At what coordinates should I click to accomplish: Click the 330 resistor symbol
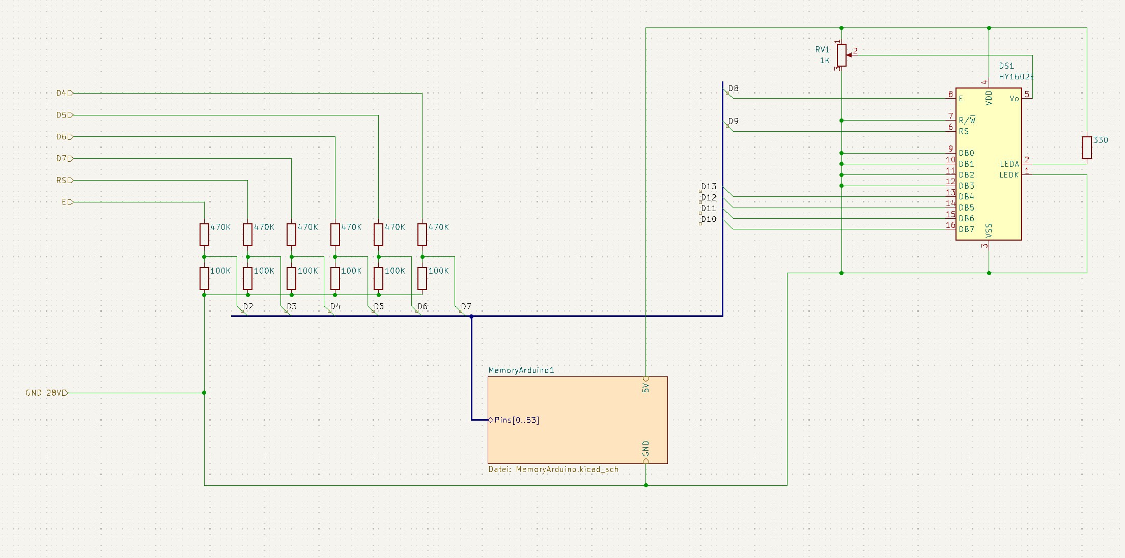(x=1087, y=148)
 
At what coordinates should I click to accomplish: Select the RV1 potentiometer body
(x=841, y=55)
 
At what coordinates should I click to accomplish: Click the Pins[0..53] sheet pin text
(x=516, y=420)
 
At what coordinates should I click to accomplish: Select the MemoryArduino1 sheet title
(x=521, y=370)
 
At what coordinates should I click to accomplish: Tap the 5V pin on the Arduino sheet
(x=645, y=387)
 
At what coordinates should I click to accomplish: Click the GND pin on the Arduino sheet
(x=645, y=449)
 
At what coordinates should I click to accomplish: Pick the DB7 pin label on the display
(x=966, y=229)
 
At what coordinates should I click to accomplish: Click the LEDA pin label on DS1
(x=1009, y=164)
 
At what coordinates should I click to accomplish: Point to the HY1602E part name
(x=1016, y=77)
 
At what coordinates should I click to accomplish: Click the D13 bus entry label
(x=708, y=187)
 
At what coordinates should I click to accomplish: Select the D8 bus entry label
(x=733, y=89)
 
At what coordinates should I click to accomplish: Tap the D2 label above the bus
(x=248, y=306)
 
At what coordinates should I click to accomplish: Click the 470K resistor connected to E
(x=204, y=234)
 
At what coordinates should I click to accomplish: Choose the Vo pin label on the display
(x=1014, y=99)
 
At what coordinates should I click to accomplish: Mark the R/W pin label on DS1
(x=967, y=121)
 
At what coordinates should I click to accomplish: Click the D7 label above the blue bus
(x=466, y=306)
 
